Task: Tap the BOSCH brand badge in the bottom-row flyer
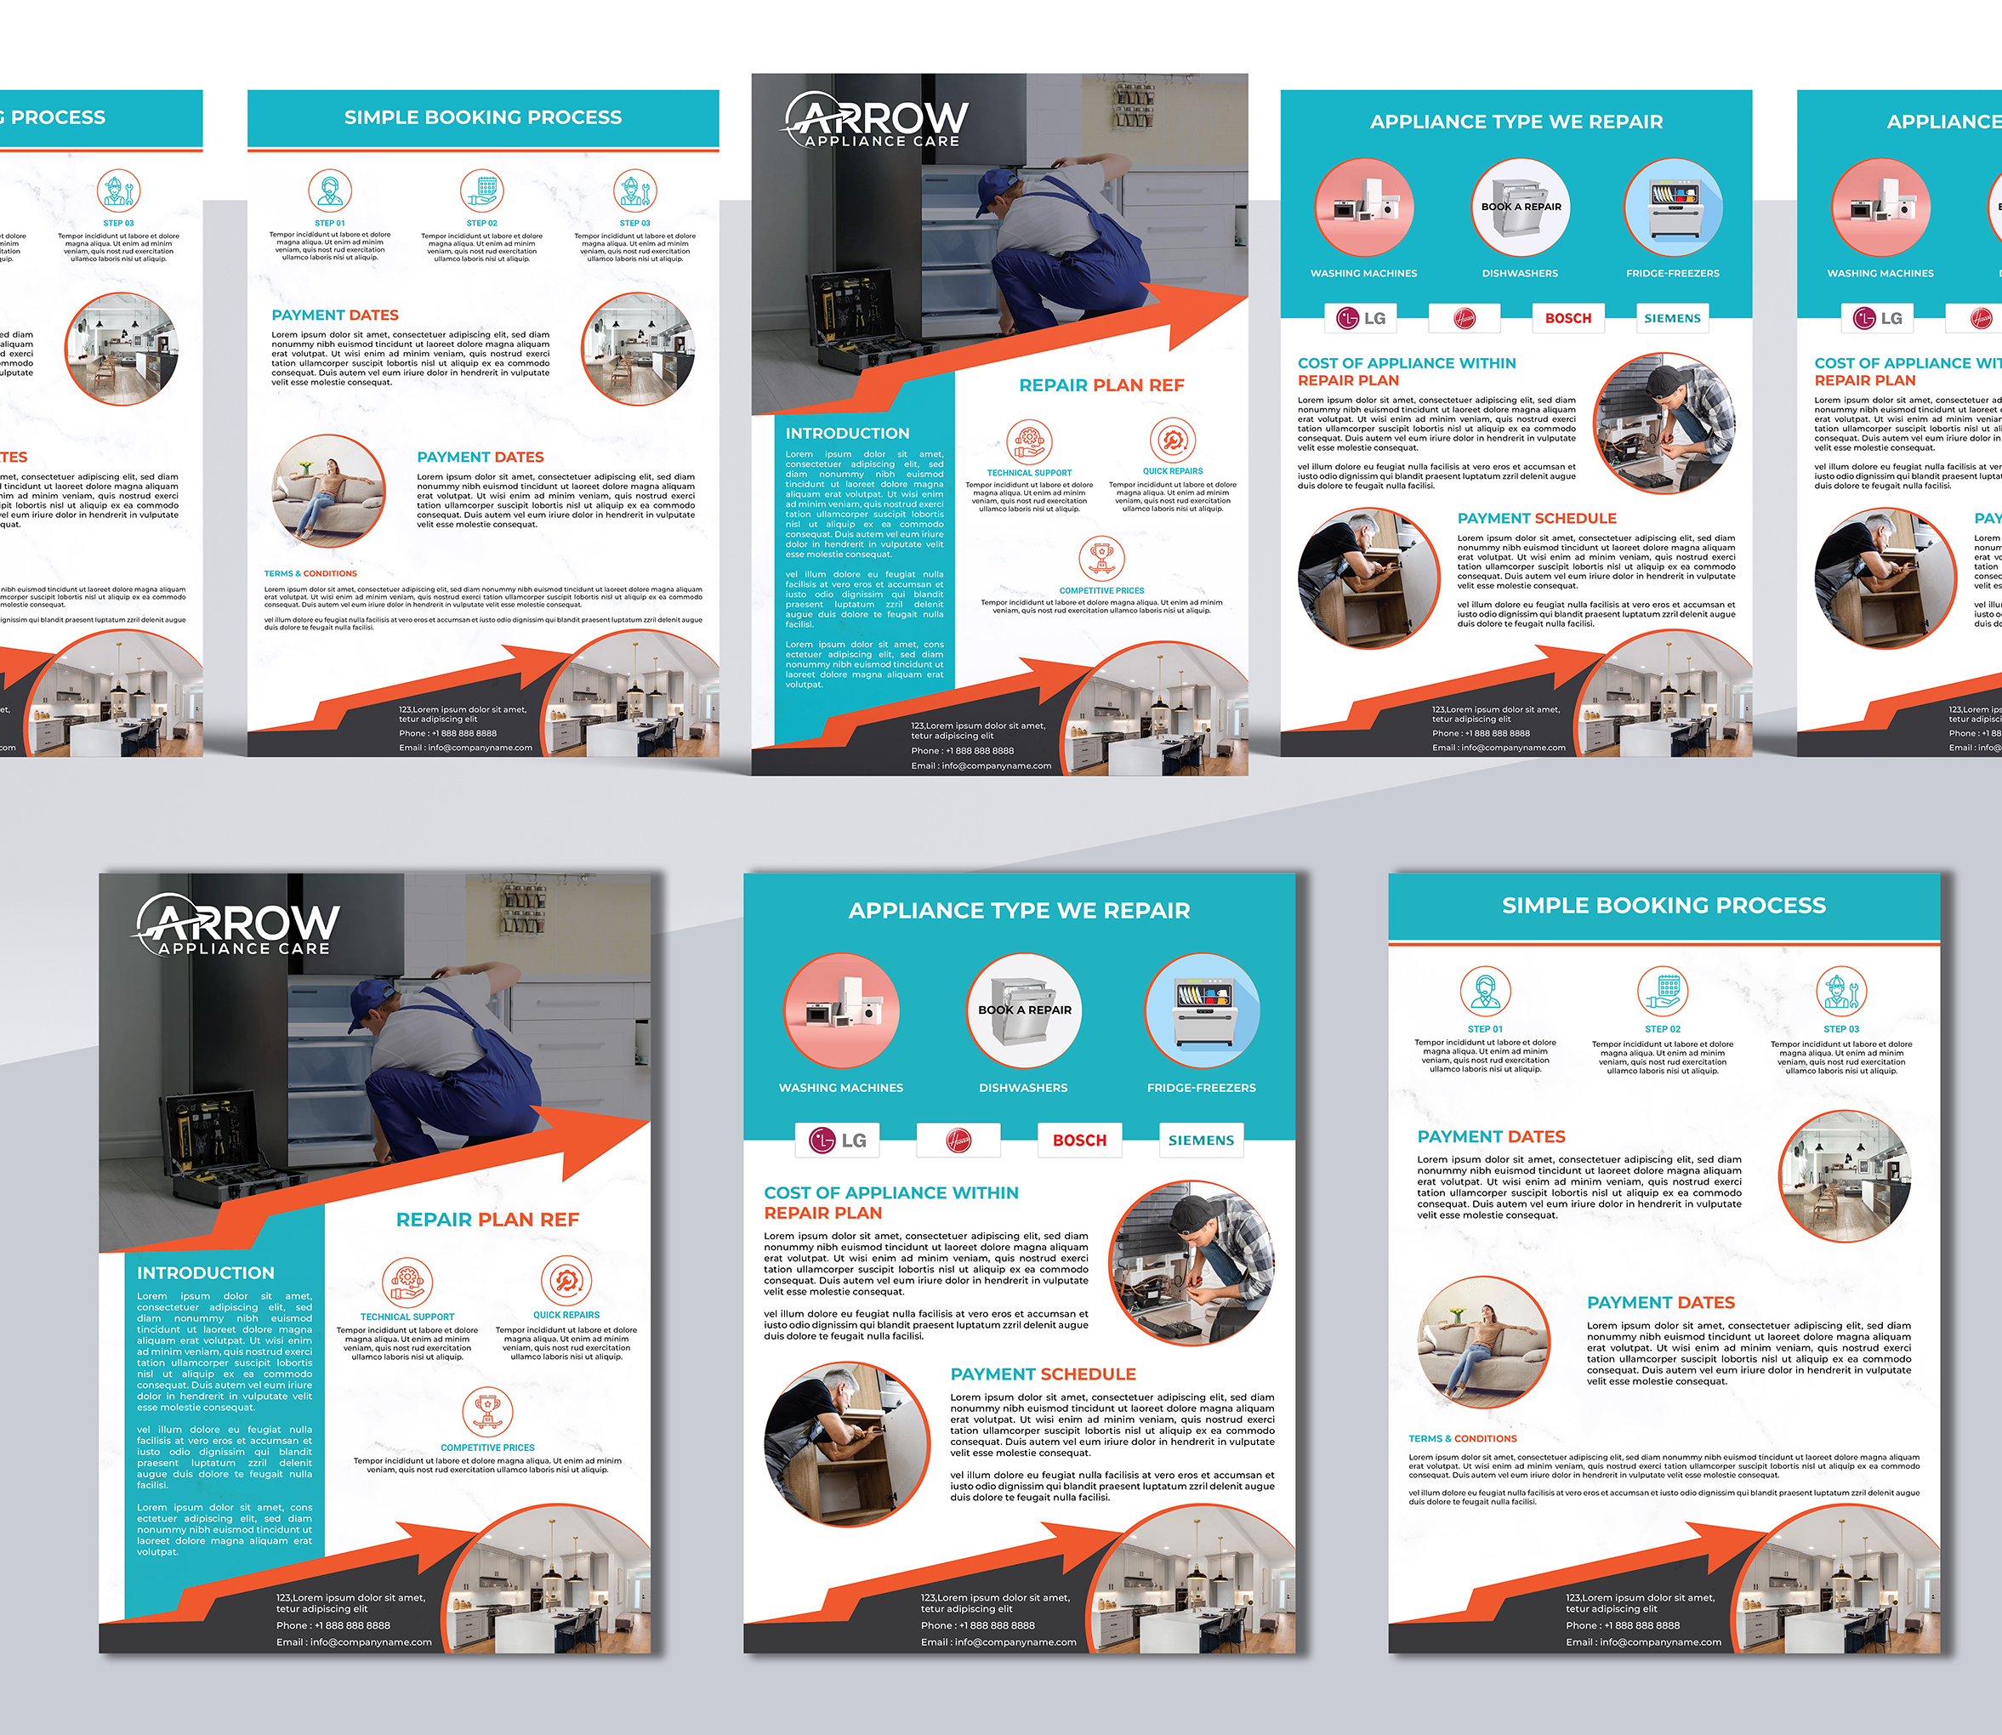1079,1141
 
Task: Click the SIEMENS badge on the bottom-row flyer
1200,1141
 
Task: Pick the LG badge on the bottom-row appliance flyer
839,1141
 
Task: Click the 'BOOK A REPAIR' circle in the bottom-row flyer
1023,1010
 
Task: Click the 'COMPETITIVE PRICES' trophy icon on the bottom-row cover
487,1412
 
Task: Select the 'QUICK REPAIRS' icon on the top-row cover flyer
1172,441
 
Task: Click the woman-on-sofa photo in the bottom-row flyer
1482,1342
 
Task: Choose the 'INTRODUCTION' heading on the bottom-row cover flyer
205,1273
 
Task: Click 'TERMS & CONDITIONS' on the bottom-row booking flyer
1462,1439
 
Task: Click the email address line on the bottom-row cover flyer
355,1642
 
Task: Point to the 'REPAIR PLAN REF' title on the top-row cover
1101,385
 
